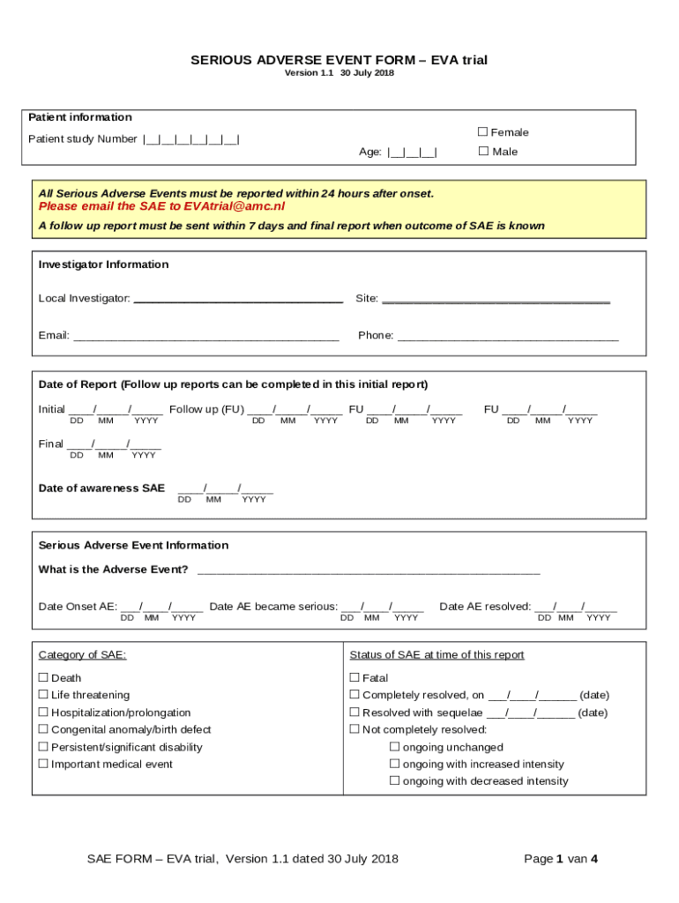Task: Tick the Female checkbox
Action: point(482,132)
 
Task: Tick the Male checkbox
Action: point(482,152)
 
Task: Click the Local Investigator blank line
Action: point(237,300)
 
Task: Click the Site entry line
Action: point(496,300)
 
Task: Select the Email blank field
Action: point(205,337)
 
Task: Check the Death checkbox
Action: point(43,678)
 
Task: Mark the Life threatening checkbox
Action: point(43,696)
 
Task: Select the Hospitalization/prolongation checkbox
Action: point(43,713)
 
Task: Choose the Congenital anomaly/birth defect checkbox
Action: point(43,730)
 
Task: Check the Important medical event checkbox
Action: point(43,765)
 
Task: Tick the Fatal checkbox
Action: point(354,678)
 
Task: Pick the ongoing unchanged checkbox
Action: point(395,748)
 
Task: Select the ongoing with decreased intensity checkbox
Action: point(395,781)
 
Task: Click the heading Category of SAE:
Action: point(82,655)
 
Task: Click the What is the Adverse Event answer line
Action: point(368,571)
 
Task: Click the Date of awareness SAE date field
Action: point(225,489)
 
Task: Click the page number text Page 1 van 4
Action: point(561,859)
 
